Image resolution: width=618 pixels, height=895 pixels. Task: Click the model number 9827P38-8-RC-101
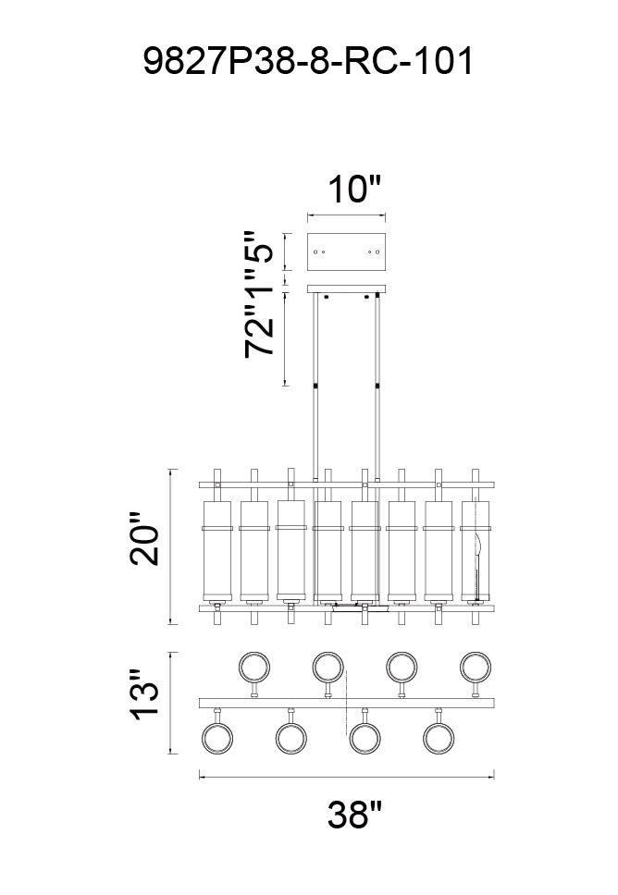pos(308,61)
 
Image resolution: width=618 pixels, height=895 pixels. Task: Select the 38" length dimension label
pos(354,814)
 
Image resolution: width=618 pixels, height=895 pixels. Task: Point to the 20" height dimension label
pos(144,539)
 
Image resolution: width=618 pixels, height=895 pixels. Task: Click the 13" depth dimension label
pos(144,694)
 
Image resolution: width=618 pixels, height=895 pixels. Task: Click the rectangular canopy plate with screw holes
pos(346,251)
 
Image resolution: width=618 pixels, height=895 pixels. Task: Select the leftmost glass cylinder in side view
pos(217,551)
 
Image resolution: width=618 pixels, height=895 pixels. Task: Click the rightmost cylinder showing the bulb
pos(476,551)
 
